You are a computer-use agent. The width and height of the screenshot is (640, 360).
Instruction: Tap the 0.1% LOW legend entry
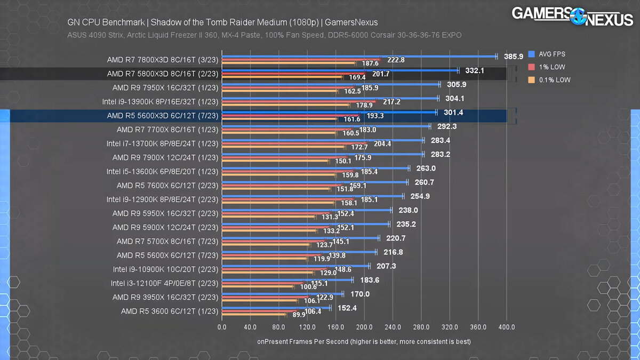(549, 80)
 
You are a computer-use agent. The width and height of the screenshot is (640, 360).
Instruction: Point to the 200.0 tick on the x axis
(364, 327)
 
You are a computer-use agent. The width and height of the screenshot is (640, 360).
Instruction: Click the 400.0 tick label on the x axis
(507, 327)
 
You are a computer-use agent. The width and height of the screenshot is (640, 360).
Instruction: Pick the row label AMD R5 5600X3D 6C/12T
(161, 115)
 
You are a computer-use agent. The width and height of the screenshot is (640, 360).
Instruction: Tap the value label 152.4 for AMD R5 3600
(348, 308)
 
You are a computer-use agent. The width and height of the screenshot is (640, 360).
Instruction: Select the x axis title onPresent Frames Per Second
(364, 341)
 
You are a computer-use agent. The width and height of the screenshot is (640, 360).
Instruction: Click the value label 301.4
(453, 112)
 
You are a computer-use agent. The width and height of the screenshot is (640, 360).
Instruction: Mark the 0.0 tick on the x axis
(222, 327)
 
